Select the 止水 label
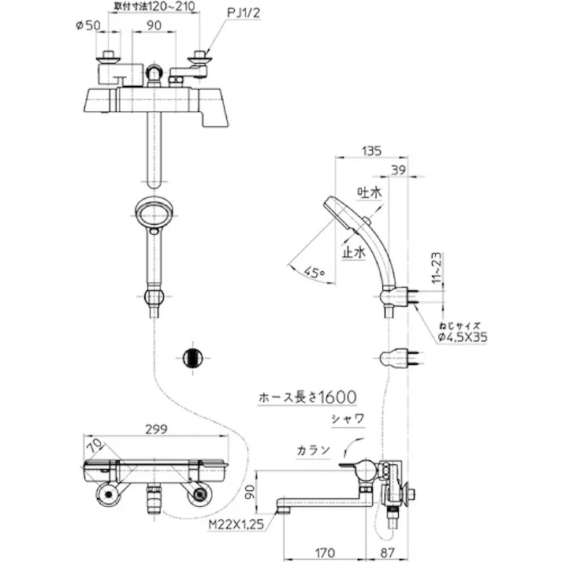(x=354, y=252)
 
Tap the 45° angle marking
(x=314, y=272)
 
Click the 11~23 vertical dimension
(x=436, y=269)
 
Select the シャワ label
(x=348, y=419)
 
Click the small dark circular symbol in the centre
(x=192, y=357)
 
